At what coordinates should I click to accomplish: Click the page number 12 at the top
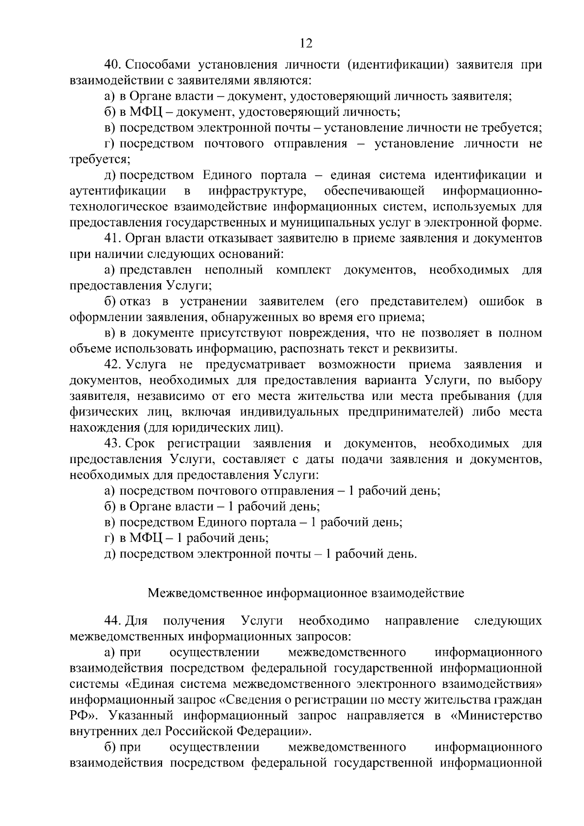click(306, 43)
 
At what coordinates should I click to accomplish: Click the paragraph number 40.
click(113, 65)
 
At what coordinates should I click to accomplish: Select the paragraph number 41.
click(113, 239)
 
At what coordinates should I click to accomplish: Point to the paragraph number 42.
click(113, 365)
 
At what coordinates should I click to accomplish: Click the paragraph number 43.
click(113, 444)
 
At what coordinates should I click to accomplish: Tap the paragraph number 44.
click(113, 621)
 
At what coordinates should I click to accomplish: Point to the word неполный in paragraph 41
click(234, 270)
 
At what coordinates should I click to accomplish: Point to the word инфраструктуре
click(257, 191)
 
